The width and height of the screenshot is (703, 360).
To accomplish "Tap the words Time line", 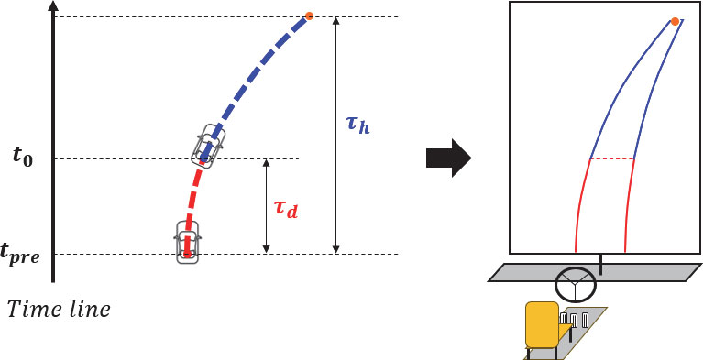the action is pos(60,310).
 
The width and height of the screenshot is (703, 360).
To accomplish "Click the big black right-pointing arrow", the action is pos(448,160).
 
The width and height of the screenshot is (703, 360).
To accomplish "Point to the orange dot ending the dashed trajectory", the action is pos(309,16).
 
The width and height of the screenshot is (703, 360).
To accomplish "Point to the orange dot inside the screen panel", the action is pos(675,21).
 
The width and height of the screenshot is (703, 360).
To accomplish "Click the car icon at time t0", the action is pos(209,145).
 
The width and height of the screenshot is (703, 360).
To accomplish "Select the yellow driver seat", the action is pos(541,326).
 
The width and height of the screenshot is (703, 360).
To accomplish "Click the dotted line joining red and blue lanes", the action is pos(611,158).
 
